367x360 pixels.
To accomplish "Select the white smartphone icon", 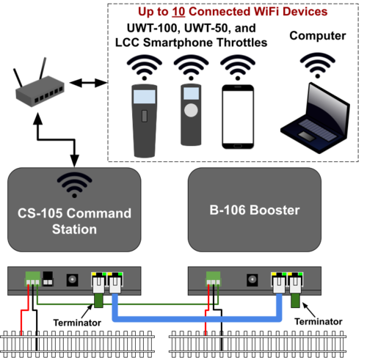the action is (x=238, y=117).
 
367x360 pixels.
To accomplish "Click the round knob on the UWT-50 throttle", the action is (x=191, y=110).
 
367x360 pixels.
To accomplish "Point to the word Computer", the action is (x=318, y=36).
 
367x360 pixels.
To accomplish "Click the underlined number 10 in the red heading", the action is (x=178, y=12).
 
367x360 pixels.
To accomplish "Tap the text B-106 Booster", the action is (x=255, y=210).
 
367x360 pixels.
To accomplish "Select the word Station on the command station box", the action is (x=74, y=229).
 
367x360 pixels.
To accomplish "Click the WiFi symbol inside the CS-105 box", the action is (x=74, y=185).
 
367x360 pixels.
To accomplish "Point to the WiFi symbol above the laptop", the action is (x=318, y=65).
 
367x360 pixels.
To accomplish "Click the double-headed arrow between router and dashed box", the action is (x=88, y=83).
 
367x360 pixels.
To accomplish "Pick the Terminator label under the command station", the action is (x=77, y=323).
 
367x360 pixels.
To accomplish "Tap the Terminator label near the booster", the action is (x=319, y=322).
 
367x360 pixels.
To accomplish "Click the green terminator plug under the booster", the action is (x=295, y=301).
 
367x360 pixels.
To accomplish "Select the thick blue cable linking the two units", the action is (x=197, y=319).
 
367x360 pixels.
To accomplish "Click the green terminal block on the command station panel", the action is (x=32, y=279).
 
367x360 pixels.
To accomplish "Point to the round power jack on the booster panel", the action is (x=252, y=279).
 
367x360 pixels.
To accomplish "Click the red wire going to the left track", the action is (x=25, y=310).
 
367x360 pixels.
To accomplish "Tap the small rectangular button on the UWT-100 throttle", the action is (x=145, y=116).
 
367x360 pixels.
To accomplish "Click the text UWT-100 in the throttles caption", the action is (x=152, y=28).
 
